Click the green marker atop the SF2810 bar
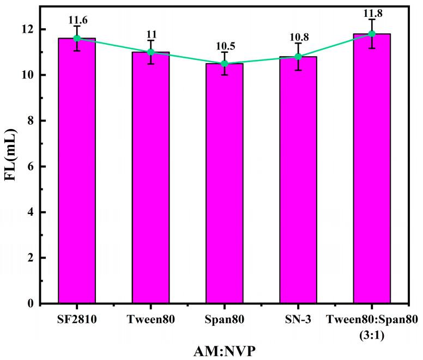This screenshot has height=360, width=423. [x=77, y=38]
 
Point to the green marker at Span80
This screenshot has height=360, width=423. [x=225, y=64]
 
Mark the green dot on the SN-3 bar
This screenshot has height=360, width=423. [x=298, y=57]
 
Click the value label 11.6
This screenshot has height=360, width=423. [x=77, y=21]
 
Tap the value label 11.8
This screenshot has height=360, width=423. [x=372, y=14]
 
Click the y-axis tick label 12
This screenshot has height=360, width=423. [x=35, y=29]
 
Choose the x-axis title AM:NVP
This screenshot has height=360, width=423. [x=224, y=351]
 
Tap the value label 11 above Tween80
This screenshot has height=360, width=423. [x=151, y=35]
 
